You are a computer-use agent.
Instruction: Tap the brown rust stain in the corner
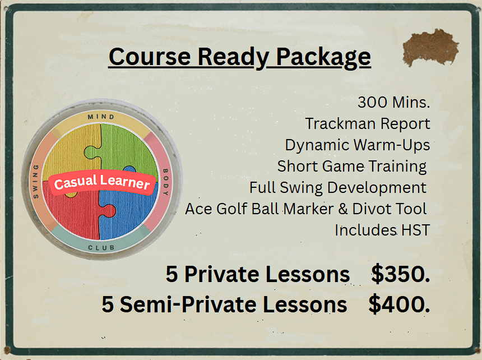pos(430,45)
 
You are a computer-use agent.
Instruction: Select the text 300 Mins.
pos(393,103)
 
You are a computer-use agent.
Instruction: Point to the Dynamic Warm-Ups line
pos(357,145)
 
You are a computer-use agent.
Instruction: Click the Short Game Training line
pos(352,166)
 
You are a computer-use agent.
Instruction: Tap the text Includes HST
pos(382,230)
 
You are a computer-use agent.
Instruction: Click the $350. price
pos(400,274)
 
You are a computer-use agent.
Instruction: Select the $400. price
pos(399,304)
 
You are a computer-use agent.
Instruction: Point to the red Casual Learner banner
pos(102,183)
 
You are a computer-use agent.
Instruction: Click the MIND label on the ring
pos(101,117)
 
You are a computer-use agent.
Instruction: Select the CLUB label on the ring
pos(101,247)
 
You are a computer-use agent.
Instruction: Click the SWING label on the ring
pos(36,182)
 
